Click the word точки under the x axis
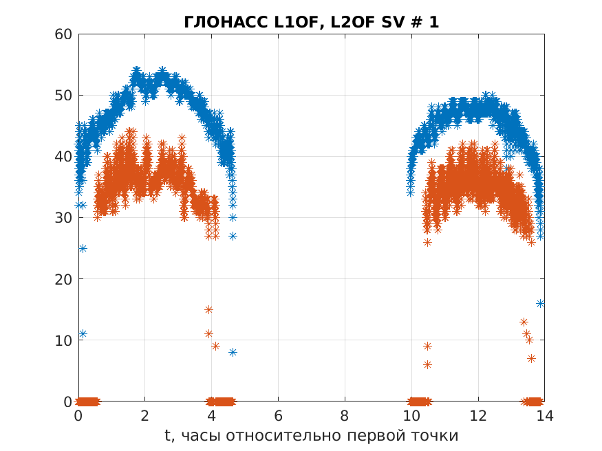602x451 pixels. coord(433,435)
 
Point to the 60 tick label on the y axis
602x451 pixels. coord(64,34)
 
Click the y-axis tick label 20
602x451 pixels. coord(64,279)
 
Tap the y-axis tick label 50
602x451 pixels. coord(64,95)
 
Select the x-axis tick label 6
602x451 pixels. coord(278,415)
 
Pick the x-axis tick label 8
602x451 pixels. coord(345,415)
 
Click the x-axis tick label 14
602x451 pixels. coord(544,415)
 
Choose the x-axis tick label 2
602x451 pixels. coord(145,415)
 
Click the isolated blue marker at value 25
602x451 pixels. coord(83,248)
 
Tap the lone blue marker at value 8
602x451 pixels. coord(233,352)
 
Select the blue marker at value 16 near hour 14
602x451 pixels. coord(541,303)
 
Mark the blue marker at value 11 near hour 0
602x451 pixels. coord(83,334)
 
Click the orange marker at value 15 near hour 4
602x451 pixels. coord(208,309)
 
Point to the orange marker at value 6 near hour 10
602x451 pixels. coord(427,364)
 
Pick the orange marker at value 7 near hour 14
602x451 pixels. coord(531,358)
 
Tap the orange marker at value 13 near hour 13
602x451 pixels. coord(524,322)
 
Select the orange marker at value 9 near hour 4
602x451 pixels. coord(215,346)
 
